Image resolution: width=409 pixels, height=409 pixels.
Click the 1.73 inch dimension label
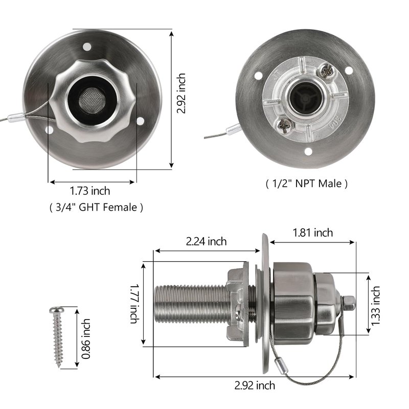[x=90, y=191]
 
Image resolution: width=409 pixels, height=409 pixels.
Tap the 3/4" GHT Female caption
[x=96, y=208]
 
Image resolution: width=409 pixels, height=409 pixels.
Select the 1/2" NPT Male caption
[x=306, y=184]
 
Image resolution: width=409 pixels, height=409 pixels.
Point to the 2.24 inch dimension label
[x=206, y=241]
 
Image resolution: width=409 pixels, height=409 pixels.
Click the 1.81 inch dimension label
[x=313, y=233]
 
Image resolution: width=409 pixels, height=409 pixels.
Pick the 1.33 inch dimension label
[x=376, y=306]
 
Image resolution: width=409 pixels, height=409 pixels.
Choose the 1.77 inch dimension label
[x=134, y=304]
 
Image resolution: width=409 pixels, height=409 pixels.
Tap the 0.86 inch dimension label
[x=86, y=338]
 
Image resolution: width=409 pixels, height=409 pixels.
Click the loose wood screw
[x=57, y=336]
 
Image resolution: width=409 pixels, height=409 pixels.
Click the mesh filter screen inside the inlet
[x=93, y=100]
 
